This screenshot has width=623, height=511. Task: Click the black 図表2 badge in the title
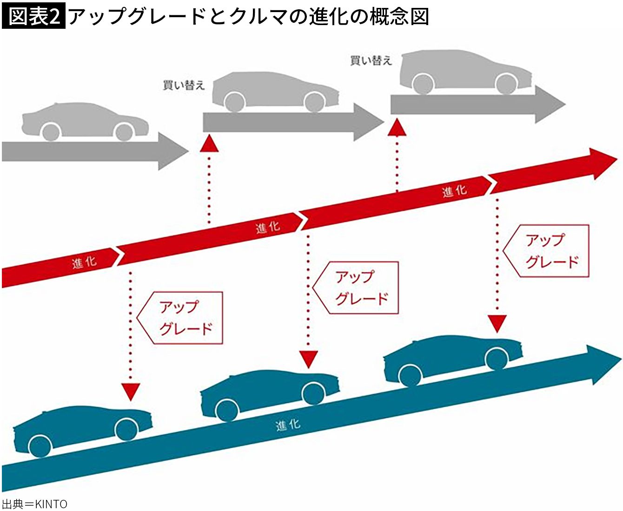(33, 17)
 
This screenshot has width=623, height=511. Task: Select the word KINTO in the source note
(51, 504)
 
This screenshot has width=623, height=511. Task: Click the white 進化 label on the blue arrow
(287, 425)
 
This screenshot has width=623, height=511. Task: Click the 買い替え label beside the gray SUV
(371, 60)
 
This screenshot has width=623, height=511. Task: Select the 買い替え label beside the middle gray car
(183, 85)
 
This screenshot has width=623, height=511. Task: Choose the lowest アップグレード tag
(181, 318)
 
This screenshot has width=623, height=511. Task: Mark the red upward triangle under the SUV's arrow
(397, 127)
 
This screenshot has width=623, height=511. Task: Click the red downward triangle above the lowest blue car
(131, 392)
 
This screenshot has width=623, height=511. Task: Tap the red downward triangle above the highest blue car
(497, 323)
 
